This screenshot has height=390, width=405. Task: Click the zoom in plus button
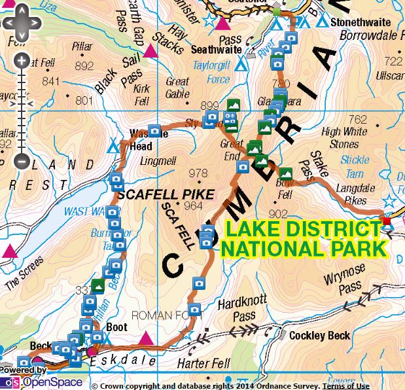point(21,62)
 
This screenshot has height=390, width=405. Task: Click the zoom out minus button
point(21,159)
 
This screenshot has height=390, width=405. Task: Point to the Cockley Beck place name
point(319,336)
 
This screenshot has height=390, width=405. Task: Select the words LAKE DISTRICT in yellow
point(303,230)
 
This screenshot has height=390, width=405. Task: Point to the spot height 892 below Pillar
point(84,66)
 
